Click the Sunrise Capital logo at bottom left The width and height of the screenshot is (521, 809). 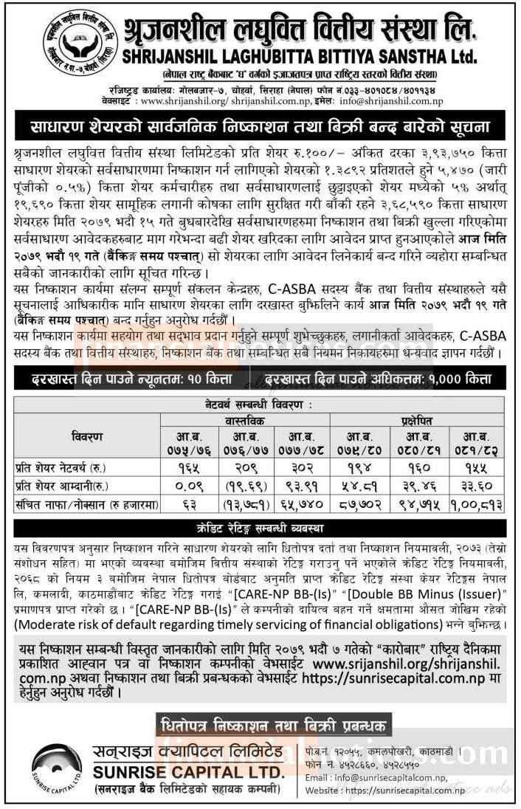pos(58,768)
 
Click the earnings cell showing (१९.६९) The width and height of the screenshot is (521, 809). pos(244,483)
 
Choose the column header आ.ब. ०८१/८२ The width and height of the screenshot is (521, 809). pos(477,442)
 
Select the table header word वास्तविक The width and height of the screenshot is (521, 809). pos(244,419)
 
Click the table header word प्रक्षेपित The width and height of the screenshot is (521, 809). pos(418,419)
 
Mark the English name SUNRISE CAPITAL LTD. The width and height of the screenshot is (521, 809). pos(188,771)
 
